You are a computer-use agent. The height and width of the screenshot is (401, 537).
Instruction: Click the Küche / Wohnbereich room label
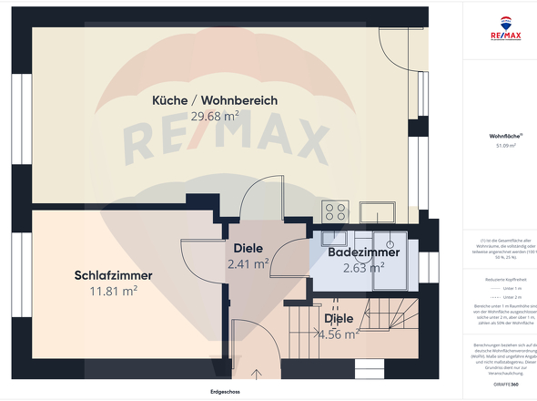tap(215, 99)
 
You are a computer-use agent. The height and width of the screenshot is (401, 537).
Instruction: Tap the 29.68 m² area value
tap(215, 116)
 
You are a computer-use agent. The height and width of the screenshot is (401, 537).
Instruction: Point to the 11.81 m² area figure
tap(113, 292)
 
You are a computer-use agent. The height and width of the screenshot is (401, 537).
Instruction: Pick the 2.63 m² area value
tap(363, 268)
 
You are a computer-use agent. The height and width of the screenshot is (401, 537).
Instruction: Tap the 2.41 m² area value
tap(248, 265)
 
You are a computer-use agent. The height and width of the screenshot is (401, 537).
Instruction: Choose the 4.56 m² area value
tap(339, 334)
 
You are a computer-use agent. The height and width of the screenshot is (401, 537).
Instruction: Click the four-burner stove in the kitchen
tap(334, 211)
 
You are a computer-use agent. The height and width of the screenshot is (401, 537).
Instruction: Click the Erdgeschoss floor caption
tap(223, 392)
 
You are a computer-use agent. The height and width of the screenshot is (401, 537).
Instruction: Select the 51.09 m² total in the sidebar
tap(505, 146)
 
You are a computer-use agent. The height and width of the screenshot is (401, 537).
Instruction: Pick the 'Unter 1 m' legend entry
tap(509, 288)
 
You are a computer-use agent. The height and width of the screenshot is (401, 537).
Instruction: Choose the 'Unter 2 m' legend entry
tap(509, 297)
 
